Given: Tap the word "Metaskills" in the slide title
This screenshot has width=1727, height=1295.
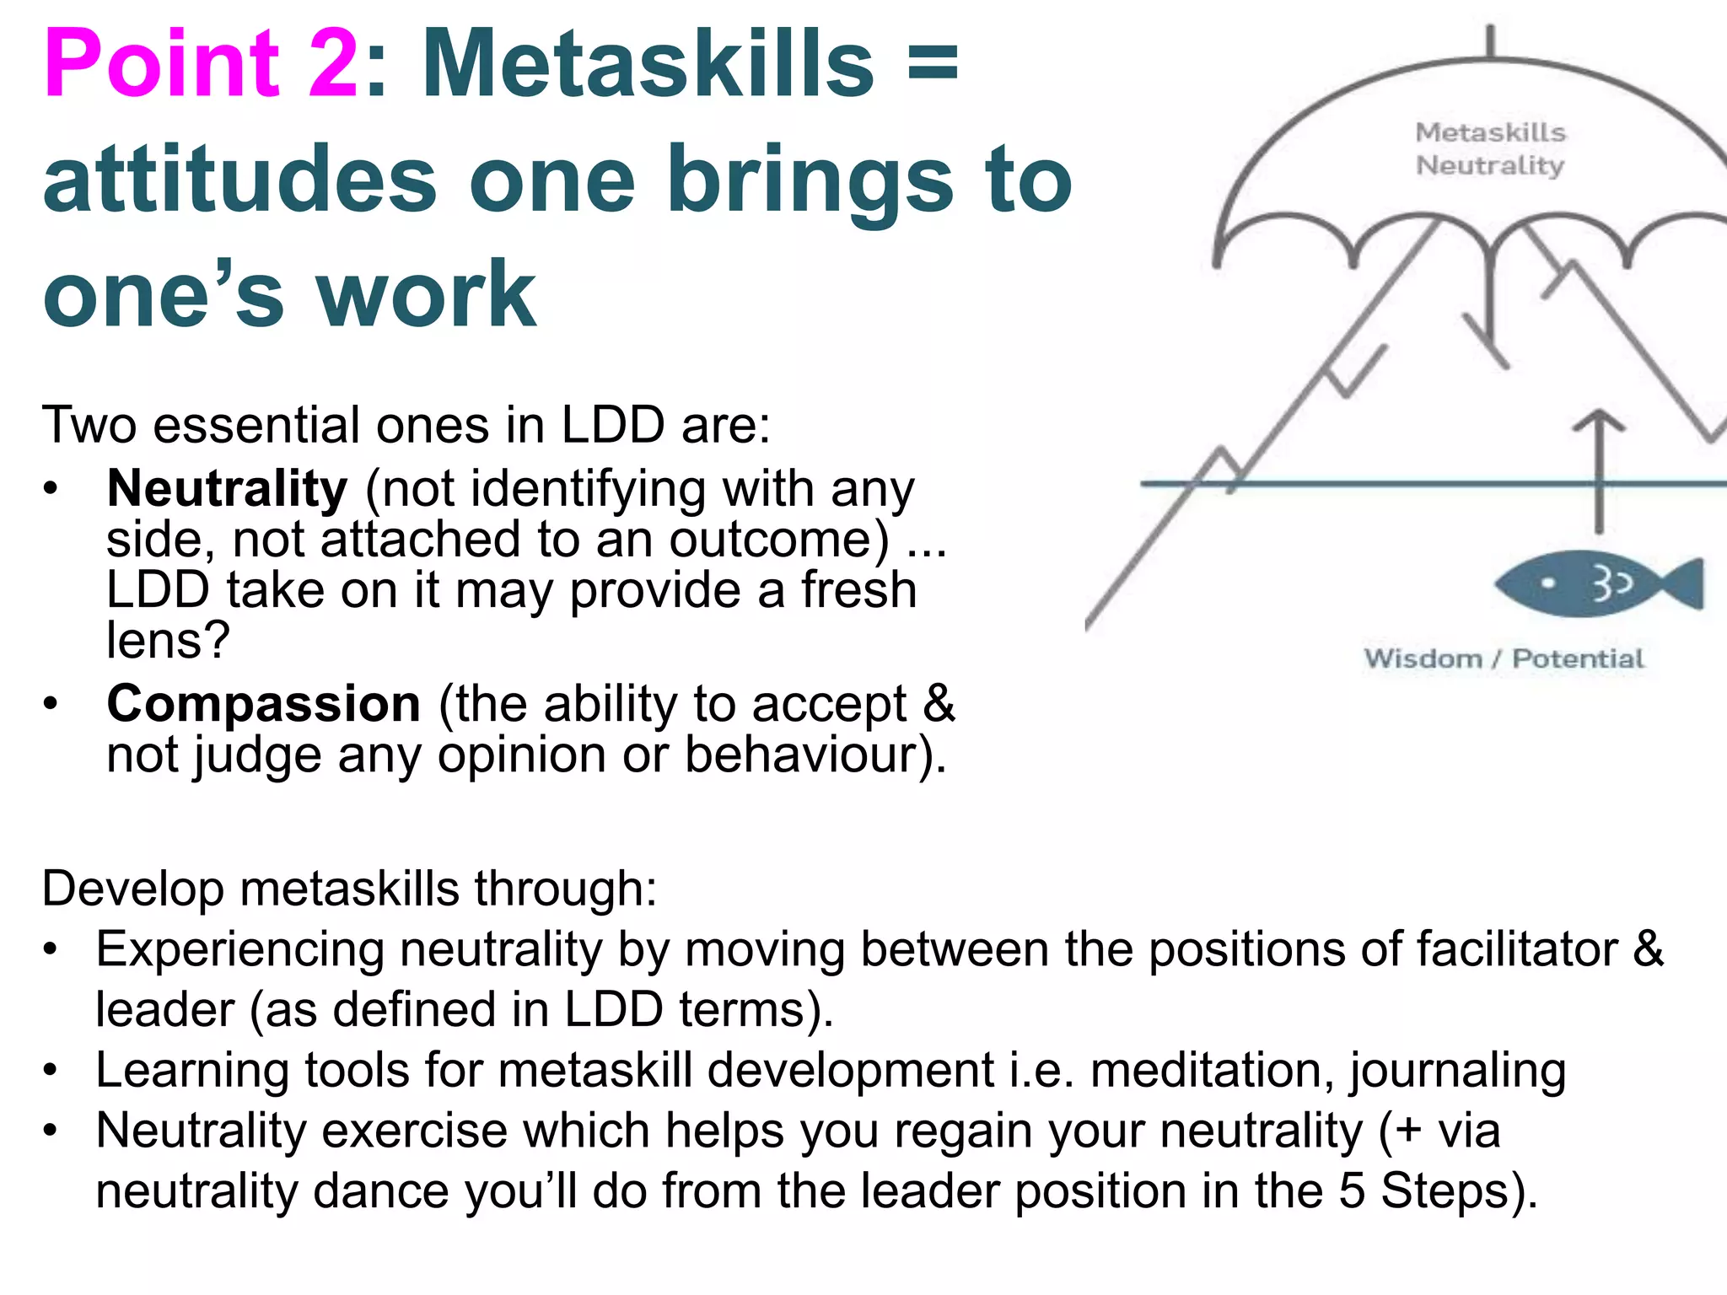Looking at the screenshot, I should pos(648,66).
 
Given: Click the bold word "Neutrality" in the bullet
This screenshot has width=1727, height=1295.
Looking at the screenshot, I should pos(227,489).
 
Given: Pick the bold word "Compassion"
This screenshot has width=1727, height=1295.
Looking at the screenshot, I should pos(263,704).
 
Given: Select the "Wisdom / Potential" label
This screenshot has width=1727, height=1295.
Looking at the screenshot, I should pos(1504,658).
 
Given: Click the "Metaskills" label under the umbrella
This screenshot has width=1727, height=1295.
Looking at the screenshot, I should pos(1490,132).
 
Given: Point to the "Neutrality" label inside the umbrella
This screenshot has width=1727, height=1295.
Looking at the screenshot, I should pos(1490,165).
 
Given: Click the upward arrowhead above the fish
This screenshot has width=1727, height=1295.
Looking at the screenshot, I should pos(1599,422).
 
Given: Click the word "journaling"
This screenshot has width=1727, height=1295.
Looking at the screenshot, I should pos(1457,1071).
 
